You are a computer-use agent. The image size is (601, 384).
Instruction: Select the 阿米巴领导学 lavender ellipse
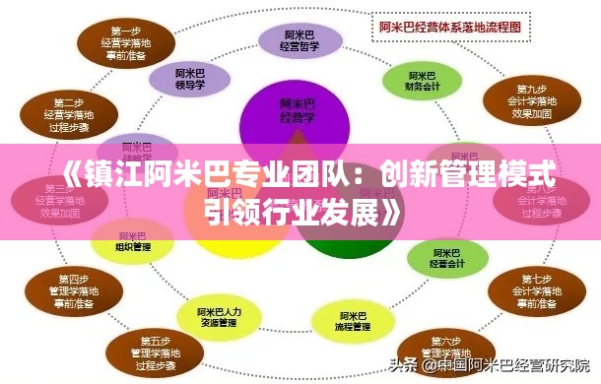coord(192,78)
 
